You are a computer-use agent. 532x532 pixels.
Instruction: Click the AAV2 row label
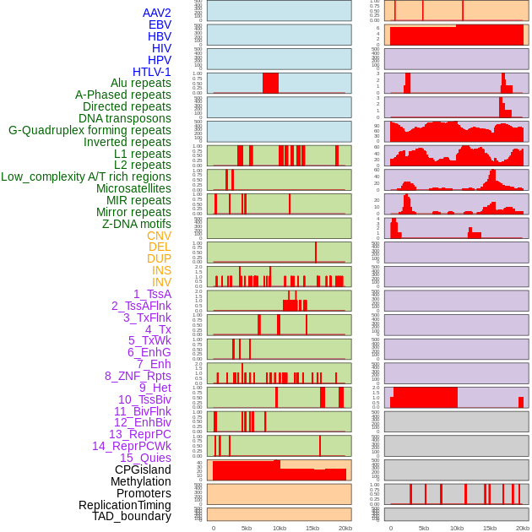click(x=157, y=13)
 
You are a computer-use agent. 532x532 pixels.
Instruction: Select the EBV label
click(x=160, y=24)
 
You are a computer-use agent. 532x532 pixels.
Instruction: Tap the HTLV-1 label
click(x=152, y=72)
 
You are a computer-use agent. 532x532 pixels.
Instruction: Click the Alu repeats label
click(x=141, y=83)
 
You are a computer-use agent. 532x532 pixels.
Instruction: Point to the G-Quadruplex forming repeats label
click(x=90, y=130)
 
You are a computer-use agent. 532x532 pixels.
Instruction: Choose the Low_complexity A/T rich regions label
click(x=86, y=176)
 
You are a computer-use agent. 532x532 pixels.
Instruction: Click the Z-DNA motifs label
click(x=137, y=224)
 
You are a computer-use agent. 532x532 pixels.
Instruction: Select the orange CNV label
click(x=159, y=236)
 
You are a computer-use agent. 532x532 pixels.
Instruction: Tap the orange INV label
click(x=161, y=282)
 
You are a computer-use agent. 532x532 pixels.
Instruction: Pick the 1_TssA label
click(x=152, y=294)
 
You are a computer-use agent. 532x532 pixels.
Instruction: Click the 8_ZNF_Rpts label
click(x=138, y=376)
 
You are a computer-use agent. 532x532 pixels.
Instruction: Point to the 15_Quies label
click(x=145, y=458)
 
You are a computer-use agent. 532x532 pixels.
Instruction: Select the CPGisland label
click(x=143, y=470)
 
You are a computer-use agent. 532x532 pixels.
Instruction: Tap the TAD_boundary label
click(x=132, y=516)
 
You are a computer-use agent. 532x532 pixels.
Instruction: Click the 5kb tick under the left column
click(x=247, y=528)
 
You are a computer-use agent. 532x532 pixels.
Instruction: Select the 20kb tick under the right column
click(x=523, y=528)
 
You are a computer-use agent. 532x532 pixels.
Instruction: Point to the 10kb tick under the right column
click(x=457, y=528)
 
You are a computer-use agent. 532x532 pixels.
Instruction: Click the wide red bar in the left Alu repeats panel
click(x=270, y=83)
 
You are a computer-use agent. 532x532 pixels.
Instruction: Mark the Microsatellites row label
click(x=133, y=188)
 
